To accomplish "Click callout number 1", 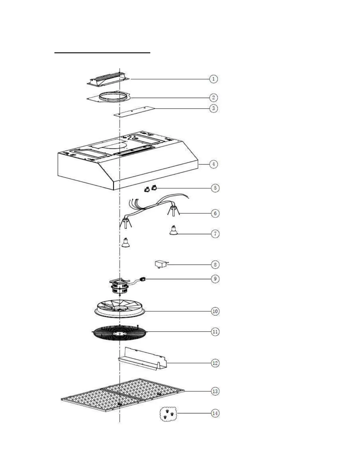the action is point(214,79).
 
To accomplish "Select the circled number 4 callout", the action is point(214,164).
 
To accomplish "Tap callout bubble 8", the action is point(215,264).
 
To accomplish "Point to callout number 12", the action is point(215,363).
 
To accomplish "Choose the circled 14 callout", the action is point(215,413).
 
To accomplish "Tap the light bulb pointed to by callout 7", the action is point(173,231).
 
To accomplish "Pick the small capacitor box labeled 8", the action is point(160,264).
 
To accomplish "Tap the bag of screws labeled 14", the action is point(168,414).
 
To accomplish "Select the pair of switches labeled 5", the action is point(150,189).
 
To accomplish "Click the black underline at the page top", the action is point(102,53).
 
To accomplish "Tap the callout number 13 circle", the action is point(215,391).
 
